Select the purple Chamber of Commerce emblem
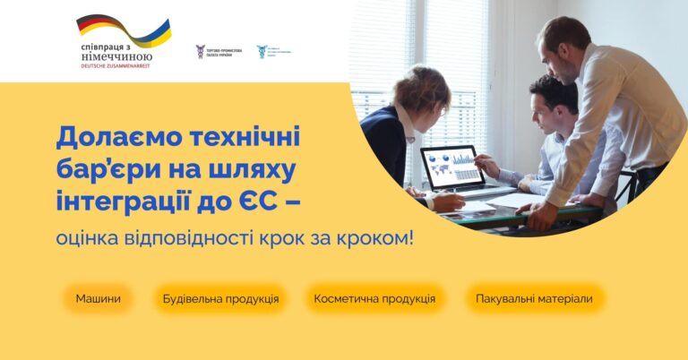(201, 51)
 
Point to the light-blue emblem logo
(262, 51)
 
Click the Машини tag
(98, 298)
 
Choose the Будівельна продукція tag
(220, 298)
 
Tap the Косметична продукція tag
(374, 298)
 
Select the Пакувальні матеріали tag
(534, 298)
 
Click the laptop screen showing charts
(452, 167)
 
